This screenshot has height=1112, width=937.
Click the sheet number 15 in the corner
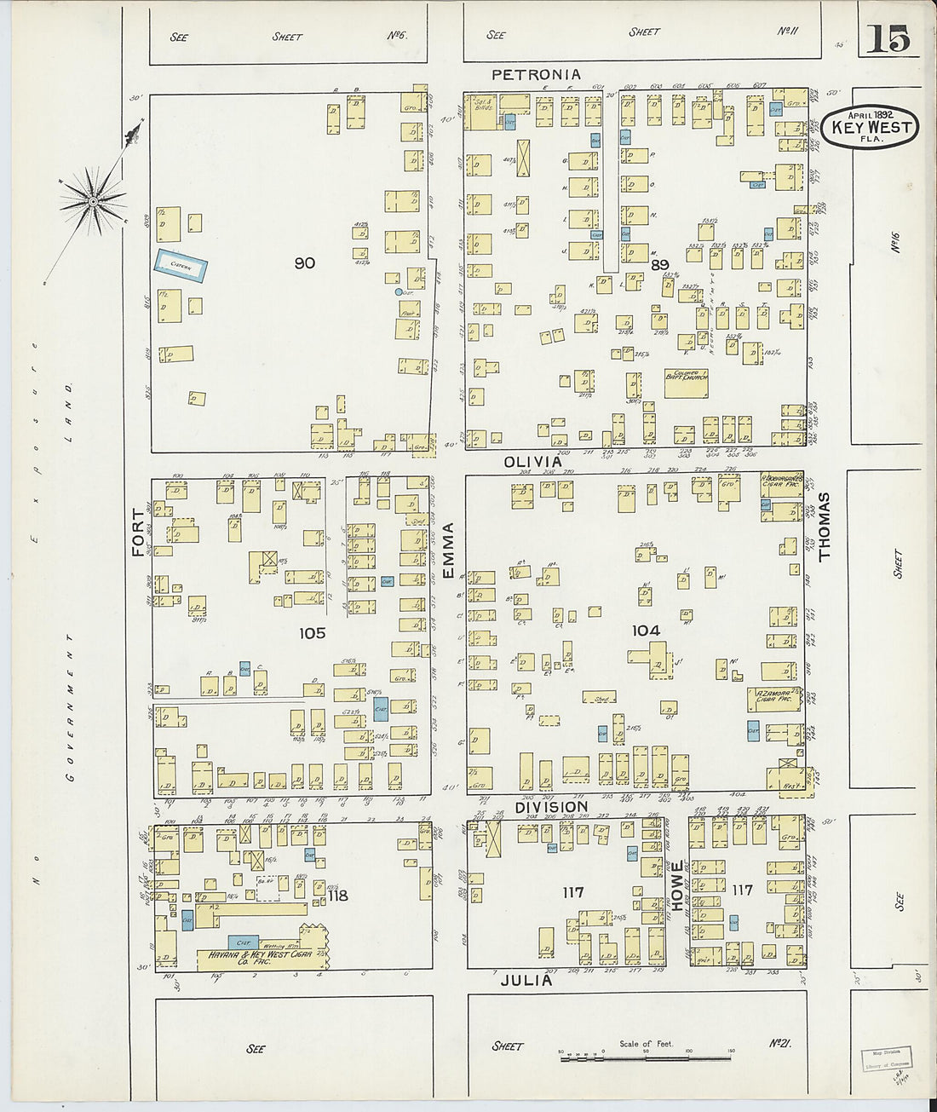click(889, 39)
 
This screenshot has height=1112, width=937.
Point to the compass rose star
click(93, 202)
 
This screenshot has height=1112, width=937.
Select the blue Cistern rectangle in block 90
click(181, 266)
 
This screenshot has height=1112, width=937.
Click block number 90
click(304, 263)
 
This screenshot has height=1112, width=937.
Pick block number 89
click(659, 265)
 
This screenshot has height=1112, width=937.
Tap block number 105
click(312, 633)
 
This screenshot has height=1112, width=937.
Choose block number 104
click(646, 631)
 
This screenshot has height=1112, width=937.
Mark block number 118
click(337, 896)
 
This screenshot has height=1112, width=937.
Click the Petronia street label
click(536, 75)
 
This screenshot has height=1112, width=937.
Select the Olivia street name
click(533, 461)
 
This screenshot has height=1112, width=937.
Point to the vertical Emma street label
click(448, 551)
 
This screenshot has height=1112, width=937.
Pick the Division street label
click(551, 806)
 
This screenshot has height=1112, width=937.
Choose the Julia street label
click(526, 980)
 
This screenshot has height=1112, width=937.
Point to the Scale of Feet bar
click(645, 1057)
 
